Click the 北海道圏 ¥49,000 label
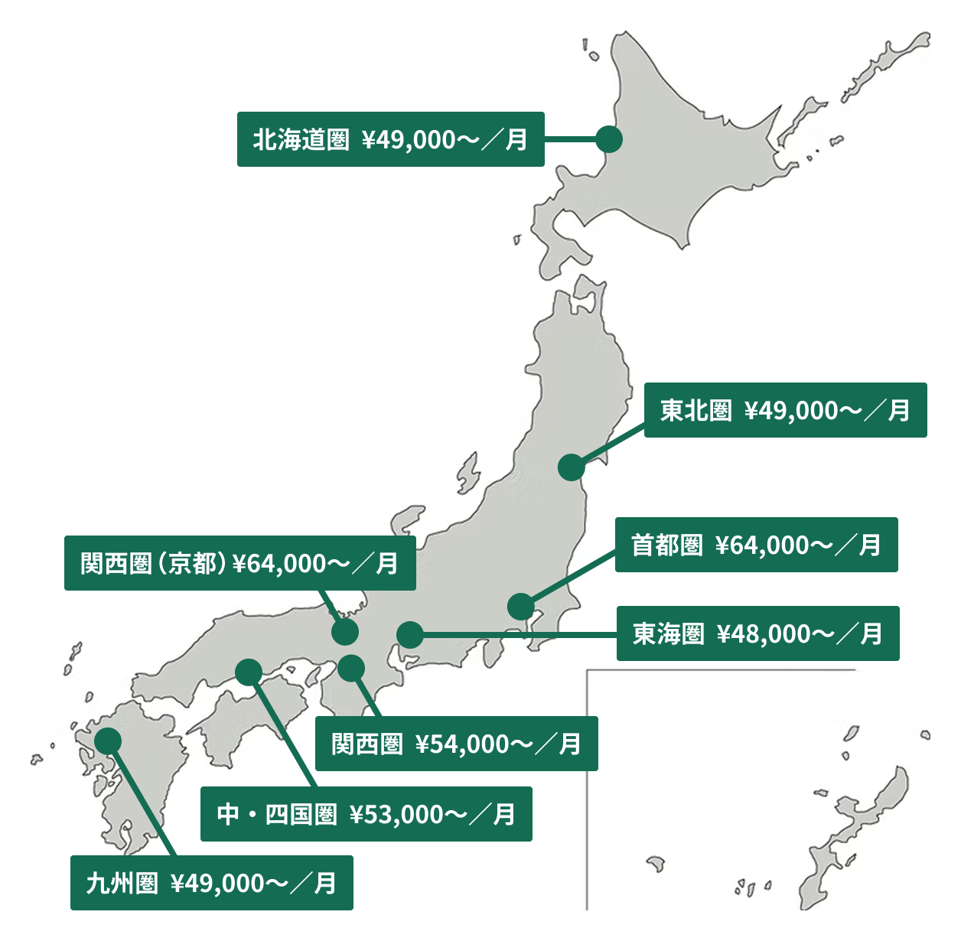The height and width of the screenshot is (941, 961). (390, 139)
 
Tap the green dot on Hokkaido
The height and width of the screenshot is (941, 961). (609, 139)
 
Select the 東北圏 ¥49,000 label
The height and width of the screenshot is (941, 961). (785, 410)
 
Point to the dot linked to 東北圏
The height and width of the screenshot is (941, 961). (571, 467)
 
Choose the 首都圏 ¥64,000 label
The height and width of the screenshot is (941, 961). (756, 545)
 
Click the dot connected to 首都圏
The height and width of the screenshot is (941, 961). (520, 606)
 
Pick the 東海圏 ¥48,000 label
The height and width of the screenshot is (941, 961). (757, 633)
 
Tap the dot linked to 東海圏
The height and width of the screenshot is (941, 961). (410, 634)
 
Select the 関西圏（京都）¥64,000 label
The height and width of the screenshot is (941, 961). (239, 563)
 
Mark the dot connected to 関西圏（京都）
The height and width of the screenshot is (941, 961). (346, 632)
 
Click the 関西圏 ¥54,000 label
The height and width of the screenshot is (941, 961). (456, 744)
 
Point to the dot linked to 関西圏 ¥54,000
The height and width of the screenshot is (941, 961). (351, 668)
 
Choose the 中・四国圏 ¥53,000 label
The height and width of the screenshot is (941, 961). (366, 814)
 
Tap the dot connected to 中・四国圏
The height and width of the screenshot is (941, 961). (249, 672)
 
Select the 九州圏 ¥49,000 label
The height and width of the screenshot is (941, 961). (211, 883)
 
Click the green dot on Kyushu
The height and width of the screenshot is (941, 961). (108, 740)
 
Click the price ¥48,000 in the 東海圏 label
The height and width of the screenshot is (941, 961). (763, 633)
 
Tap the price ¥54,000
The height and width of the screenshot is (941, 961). (461, 744)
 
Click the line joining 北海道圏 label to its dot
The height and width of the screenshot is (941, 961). (570, 139)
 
